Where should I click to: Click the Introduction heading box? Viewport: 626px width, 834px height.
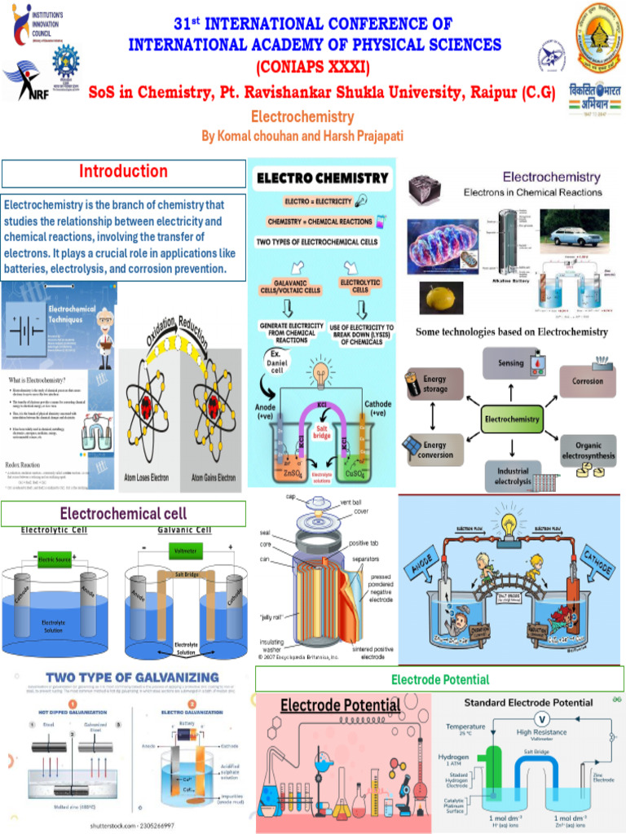tap(123, 173)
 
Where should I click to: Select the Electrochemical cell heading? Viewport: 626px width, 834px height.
tap(123, 513)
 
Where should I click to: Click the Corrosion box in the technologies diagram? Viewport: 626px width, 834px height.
tap(587, 380)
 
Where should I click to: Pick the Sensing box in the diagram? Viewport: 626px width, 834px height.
tap(511, 363)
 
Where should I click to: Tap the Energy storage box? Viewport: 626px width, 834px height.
tap(434, 384)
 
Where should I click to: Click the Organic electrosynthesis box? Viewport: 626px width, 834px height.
tap(588, 450)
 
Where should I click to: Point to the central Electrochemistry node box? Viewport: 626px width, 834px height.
tap(512, 419)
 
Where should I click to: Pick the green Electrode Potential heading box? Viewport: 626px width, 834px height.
tap(440, 678)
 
